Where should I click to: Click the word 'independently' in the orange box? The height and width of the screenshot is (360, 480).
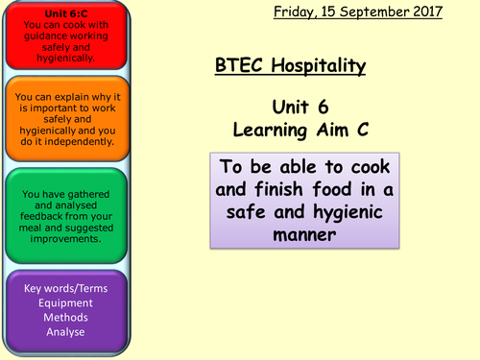coord(83,142)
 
